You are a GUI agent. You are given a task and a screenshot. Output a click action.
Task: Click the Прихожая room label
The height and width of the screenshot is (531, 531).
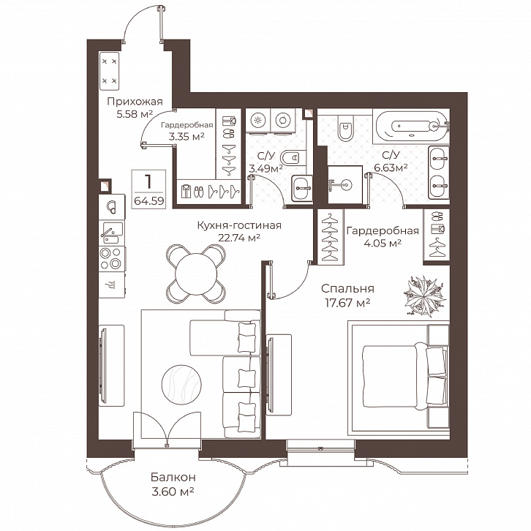click(135, 101)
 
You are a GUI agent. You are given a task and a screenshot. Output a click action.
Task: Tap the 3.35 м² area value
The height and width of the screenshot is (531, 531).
click(187, 137)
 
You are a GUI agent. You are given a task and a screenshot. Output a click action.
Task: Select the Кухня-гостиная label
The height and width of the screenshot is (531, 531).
click(239, 225)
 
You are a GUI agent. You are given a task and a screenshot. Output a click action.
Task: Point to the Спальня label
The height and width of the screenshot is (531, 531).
click(347, 288)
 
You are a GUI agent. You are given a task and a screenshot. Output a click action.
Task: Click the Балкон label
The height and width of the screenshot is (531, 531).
click(173, 477)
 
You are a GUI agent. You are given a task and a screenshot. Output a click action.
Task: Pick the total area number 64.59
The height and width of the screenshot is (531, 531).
click(149, 201)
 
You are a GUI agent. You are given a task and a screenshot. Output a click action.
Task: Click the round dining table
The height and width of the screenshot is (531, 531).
click(196, 273)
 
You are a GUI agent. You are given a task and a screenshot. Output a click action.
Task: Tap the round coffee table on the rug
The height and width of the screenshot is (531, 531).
click(181, 384)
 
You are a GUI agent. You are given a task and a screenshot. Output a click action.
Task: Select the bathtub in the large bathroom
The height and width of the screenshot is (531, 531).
click(411, 126)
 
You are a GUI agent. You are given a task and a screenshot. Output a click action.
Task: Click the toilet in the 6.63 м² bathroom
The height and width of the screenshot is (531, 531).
click(345, 127)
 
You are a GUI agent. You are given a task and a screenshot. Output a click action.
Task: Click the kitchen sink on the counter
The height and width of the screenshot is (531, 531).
click(112, 233)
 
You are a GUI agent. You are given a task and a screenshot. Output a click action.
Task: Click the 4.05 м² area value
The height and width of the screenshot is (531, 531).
click(383, 243)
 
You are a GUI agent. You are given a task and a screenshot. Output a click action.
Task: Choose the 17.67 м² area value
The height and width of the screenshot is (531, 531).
click(347, 302)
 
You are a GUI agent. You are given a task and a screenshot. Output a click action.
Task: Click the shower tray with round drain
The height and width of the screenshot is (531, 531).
click(345, 184)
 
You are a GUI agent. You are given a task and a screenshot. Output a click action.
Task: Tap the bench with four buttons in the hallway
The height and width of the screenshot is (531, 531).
click(110, 71)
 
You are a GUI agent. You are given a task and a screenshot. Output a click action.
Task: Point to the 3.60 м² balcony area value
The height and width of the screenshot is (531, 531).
click(173, 491)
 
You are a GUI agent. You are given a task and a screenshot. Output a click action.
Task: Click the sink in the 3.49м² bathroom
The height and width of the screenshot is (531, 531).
click(301, 188)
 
